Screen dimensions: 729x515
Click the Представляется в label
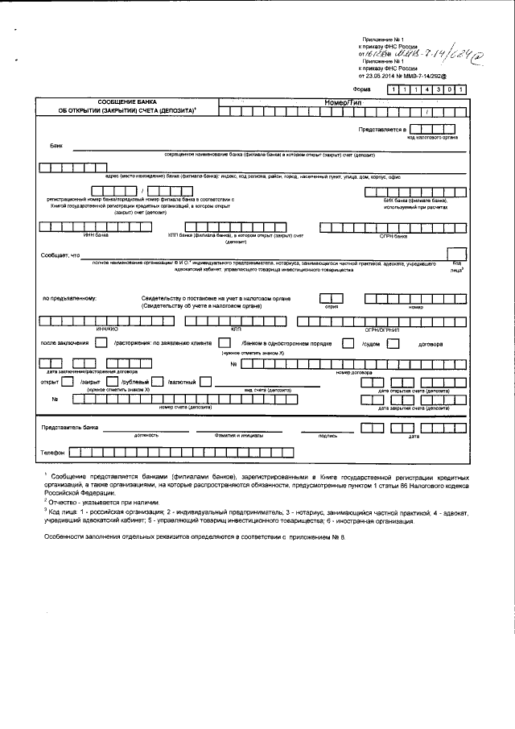tap(382, 129)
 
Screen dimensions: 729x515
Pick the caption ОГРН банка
tap(393, 237)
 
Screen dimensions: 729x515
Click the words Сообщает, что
tap(60, 255)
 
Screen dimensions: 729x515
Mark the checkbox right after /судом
tap(393, 342)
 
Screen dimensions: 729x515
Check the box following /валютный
tap(206, 381)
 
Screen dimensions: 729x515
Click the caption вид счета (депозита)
tap(266, 390)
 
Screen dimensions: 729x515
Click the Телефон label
tap(52, 454)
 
